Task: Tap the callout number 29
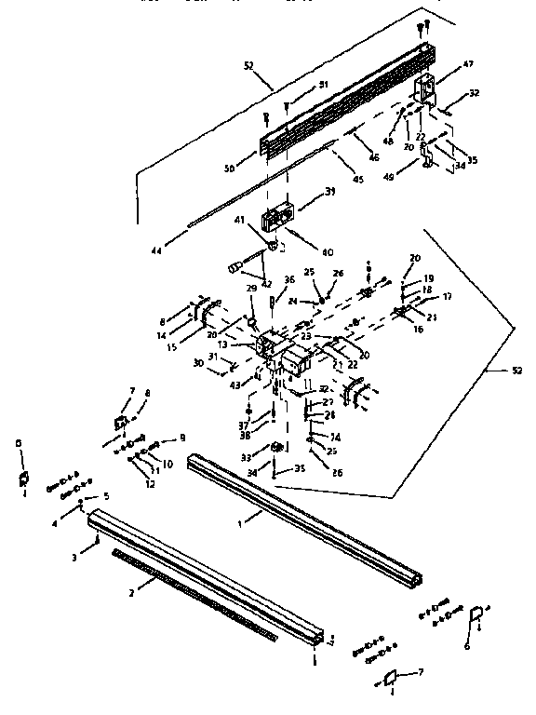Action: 250,290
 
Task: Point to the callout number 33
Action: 248,457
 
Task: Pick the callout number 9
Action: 181,438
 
